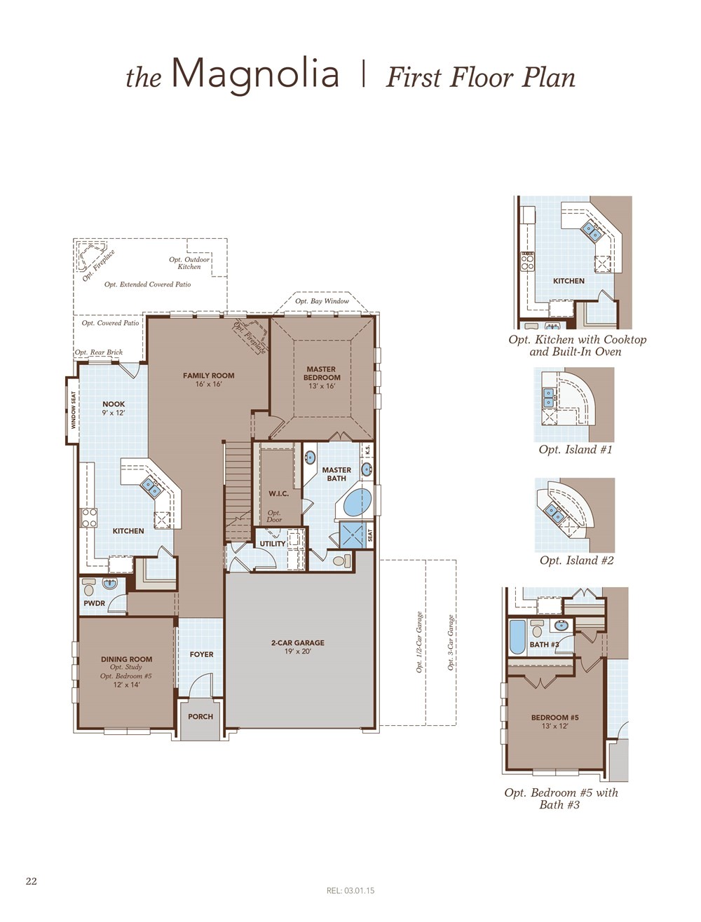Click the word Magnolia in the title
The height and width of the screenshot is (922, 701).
(x=256, y=75)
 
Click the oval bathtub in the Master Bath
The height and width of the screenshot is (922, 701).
(x=358, y=502)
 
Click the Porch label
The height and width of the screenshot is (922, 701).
(x=200, y=717)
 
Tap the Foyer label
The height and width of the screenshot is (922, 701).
(x=201, y=654)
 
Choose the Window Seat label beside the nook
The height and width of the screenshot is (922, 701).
(x=74, y=410)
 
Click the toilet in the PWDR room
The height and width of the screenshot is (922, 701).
(x=88, y=587)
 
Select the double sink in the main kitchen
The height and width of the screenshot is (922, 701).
(x=151, y=488)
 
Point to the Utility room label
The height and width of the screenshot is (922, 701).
(x=272, y=544)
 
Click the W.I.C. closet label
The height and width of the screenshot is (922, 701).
(x=278, y=493)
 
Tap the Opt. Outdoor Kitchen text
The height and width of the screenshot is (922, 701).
(x=189, y=263)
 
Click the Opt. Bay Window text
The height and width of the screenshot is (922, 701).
(x=322, y=301)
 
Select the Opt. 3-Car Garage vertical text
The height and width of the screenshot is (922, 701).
(x=451, y=642)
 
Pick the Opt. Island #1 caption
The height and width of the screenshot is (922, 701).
(x=576, y=450)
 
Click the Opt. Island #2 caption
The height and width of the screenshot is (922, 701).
(x=577, y=560)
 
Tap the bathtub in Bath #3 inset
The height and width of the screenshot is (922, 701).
(x=517, y=638)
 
